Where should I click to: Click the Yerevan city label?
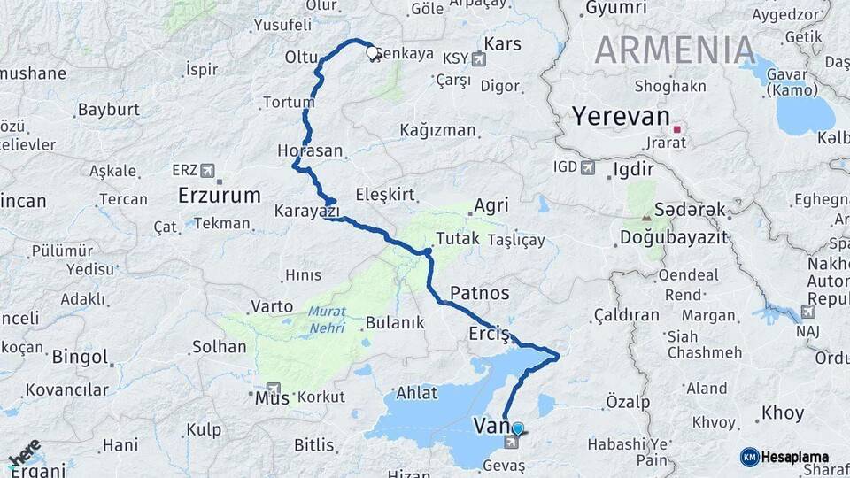pyautogui.click(x=619, y=117)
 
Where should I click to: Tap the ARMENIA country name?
pyautogui.click(x=675, y=50)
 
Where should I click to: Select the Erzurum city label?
pyautogui.click(x=220, y=195)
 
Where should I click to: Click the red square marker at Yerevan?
pyautogui.click(x=677, y=129)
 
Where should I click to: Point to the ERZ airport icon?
pyautogui.click(x=208, y=170)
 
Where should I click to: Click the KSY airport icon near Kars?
pyautogui.click(x=480, y=60)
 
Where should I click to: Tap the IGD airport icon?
pyautogui.click(x=588, y=167)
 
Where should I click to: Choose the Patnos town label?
pyautogui.click(x=480, y=292)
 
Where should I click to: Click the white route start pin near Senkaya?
pyautogui.click(x=373, y=52)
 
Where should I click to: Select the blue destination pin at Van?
pyautogui.click(x=518, y=429)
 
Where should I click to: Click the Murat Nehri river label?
pyautogui.click(x=327, y=319)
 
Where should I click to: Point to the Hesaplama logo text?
pyautogui.click(x=796, y=457)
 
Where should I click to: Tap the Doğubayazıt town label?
pyautogui.click(x=672, y=237)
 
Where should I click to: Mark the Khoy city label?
pyautogui.click(x=783, y=413)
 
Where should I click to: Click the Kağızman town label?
pyautogui.click(x=437, y=130)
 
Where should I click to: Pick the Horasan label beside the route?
pyautogui.click(x=310, y=151)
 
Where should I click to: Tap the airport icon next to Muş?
pyautogui.click(x=273, y=389)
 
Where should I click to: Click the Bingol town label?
pyautogui.click(x=80, y=358)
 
